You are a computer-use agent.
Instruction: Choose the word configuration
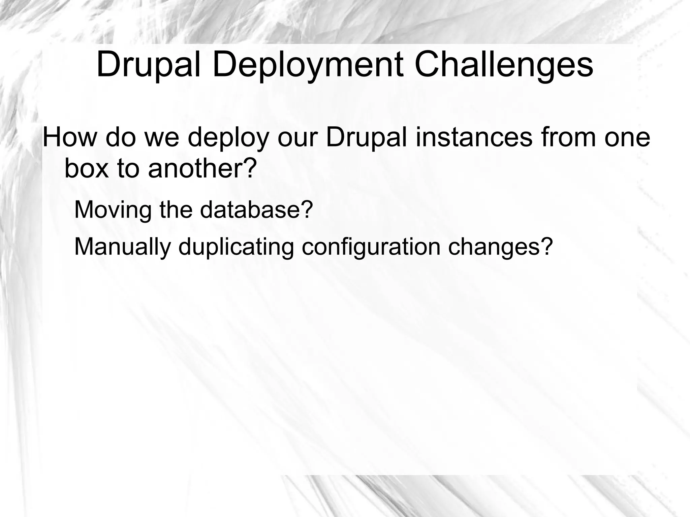[371, 247]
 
